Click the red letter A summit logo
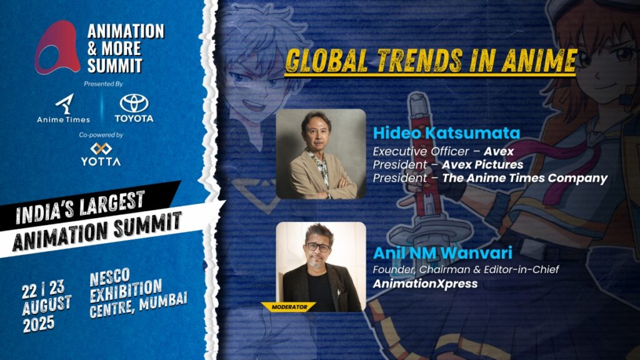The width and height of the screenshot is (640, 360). pyautogui.click(x=57, y=47)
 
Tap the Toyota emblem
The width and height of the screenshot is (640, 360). pyautogui.click(x=134, y=103)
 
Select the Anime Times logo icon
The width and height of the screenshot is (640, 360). pyautogui.click(x=64, y=104)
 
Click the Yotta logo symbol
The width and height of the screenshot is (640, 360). pyautogui.click(x=101, y=149)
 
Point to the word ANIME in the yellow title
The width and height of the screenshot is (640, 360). pyautogui.click(x=539, y=61)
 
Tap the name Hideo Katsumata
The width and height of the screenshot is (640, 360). pyautogui.click(x=446, y=133)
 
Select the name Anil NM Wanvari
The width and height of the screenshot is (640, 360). pyautogui.click(x=442, y=252)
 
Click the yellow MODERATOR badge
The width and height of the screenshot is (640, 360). pyautogui.click(x=289, y=307)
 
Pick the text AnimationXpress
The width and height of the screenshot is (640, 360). pyautogui.click(x=425, y=284)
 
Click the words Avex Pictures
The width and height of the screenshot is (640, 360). pyautogui.click(x=482, y=164)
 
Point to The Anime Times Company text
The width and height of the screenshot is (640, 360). pyautogui.click(x=525, y=178)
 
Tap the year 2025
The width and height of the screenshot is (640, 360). pyautogui.click(x=39, y=324)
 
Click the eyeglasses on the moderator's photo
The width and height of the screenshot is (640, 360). pyautogui.click(x=318, y=247)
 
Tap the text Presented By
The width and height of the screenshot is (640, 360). pyautogui.click(x=103, y=84)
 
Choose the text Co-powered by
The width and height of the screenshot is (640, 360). pyautogui.click(x=101, y=135)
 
